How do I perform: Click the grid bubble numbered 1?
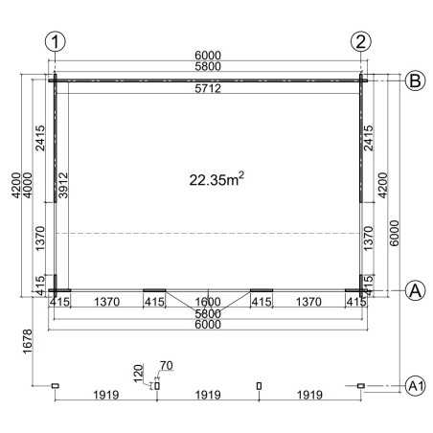pos(56,42)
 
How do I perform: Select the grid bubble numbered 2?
pos(361,42)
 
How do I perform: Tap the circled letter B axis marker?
pos(415,80)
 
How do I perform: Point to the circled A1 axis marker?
pos(415,386)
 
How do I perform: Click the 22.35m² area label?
pos(216,179)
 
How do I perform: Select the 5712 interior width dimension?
pos(208,88)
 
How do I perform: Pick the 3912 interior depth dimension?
pos(63,185)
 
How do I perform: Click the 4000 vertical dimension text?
pos(28,185)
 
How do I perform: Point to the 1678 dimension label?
pos(28,341)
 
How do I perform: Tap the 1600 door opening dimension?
pos(208,302)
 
